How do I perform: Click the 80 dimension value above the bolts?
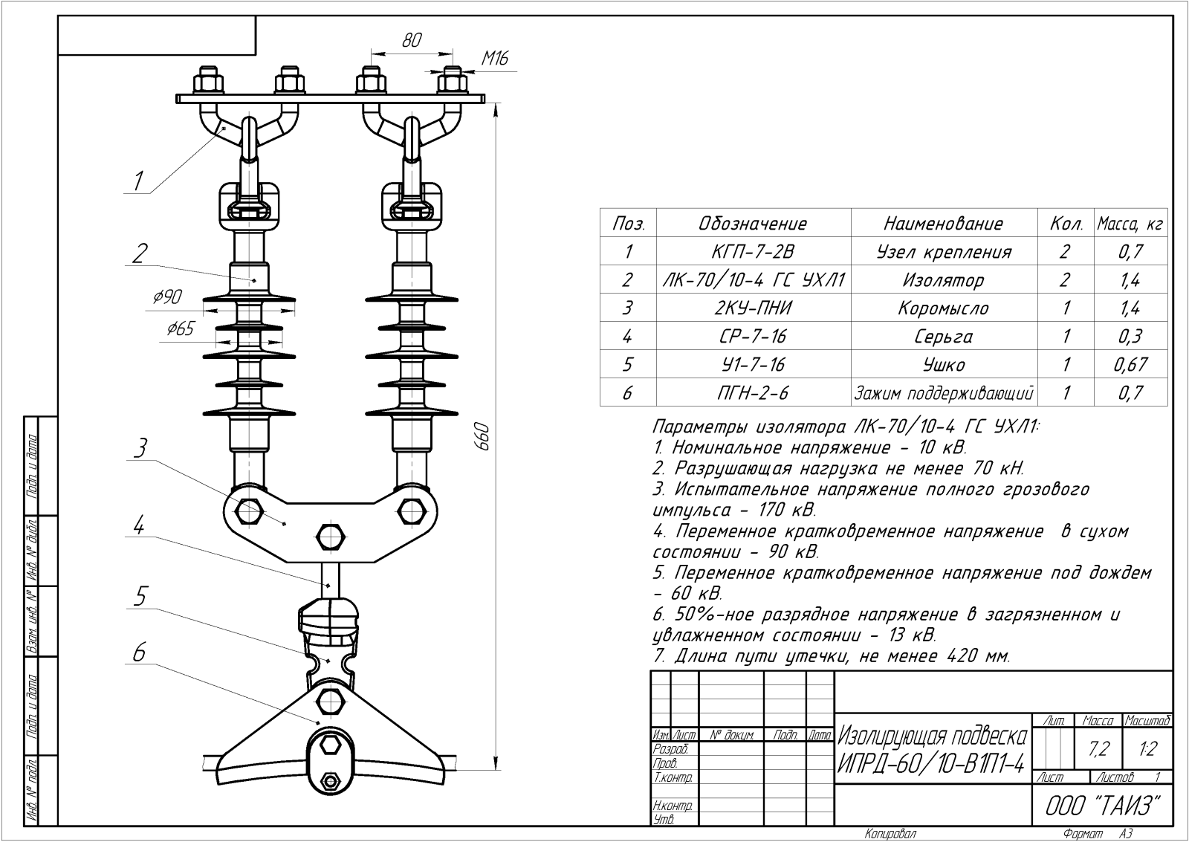point(412,40)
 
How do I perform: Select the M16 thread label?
point(495,58)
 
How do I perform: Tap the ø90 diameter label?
point(168,297)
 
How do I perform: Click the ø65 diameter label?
point(181,328)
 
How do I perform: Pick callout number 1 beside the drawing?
point(138,181)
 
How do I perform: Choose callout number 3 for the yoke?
point(140,448)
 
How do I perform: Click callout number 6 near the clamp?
point(139,652)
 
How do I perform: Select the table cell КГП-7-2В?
point(754,251)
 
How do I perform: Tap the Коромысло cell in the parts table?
point(944,308)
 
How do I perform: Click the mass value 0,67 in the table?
point(1130,364)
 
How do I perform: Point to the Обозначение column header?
point(753,224)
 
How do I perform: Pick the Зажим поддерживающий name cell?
point(944,393)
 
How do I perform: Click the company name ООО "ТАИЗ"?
point(1102,806)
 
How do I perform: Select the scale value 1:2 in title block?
point(1147,748)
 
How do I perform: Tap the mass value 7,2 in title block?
point(1099,748)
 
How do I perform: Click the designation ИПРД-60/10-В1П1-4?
point(931,765)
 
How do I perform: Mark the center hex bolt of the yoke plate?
point(330,537)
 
